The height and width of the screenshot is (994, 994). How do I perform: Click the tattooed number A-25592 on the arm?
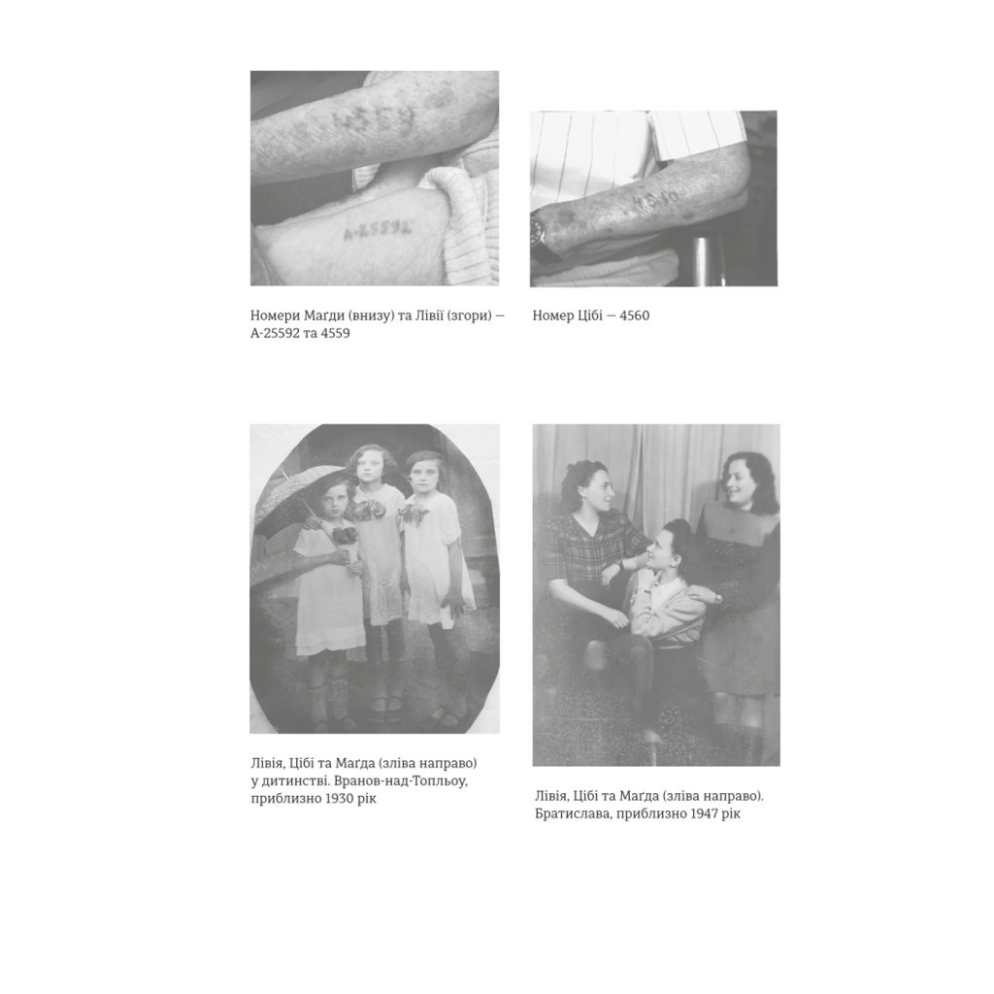coord(378,231)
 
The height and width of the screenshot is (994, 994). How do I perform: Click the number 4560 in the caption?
coord(634,315)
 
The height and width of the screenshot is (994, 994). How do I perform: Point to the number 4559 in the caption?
coord(334,333)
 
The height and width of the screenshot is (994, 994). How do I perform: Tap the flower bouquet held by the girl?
coord(345,539)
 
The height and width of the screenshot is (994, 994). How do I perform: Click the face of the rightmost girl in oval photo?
coord(421,474)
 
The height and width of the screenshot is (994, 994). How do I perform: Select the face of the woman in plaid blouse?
coord(596,489)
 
